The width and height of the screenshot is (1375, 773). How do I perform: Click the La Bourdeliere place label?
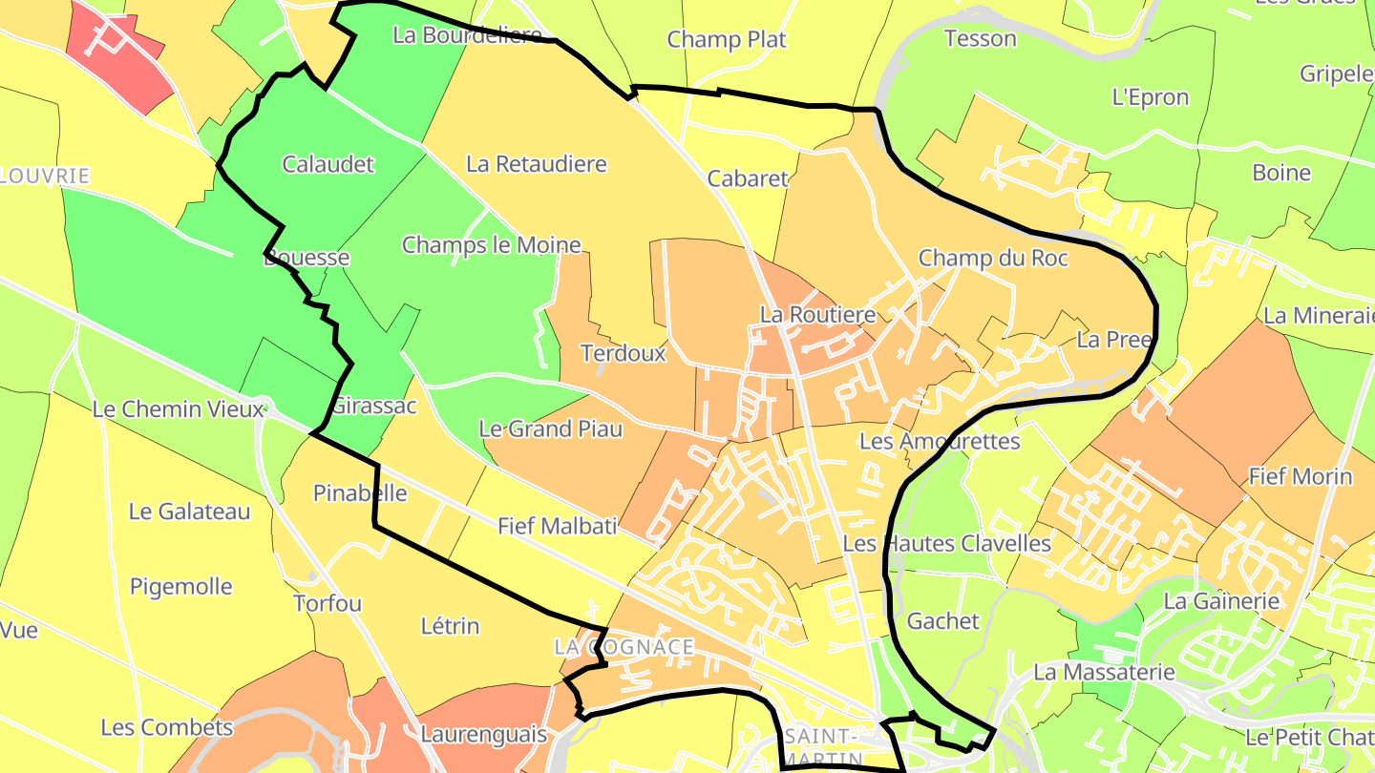468,35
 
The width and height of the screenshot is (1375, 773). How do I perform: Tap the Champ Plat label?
727,39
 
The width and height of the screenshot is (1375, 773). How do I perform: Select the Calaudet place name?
328,164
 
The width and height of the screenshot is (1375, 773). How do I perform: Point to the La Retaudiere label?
537,164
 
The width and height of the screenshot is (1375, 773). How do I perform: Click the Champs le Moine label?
491,245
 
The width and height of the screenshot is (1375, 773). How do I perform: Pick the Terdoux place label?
624,353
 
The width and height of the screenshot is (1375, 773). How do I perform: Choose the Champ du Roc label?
993,259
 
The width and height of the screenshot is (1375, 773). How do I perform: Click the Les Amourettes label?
940,441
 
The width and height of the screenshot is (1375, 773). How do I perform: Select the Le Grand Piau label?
550,429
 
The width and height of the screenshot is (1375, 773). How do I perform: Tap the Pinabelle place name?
360,493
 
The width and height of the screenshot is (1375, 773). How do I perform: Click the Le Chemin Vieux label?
177,409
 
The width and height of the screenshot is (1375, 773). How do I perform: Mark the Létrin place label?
450,627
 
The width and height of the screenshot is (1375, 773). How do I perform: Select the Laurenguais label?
483,735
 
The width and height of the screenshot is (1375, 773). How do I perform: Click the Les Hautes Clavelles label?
946,544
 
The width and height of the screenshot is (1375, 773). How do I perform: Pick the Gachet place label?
942,621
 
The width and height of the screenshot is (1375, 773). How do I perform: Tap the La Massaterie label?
1104,672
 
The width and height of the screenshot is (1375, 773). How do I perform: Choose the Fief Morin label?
1301,476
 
